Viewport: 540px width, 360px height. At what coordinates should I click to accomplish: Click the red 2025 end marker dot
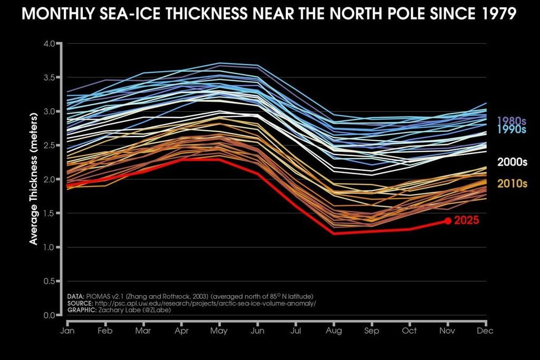click(x=448, y=221)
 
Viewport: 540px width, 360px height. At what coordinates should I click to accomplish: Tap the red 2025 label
click(x=466, y=221)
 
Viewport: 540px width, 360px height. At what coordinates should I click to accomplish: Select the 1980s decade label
click(x=512, y=120)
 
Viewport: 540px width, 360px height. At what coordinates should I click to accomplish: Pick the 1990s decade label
click(x=512, y=130)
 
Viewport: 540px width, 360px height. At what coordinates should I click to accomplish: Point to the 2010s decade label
click(x=512, y=183)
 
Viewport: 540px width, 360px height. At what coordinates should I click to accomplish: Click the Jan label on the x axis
click(x=67, y=330)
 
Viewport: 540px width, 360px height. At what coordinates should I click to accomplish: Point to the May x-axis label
click(x=219, y=330)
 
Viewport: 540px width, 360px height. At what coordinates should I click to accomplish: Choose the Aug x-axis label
click(x=334, y=330)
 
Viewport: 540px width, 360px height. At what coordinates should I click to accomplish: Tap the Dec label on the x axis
click(x=485, y=330)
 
